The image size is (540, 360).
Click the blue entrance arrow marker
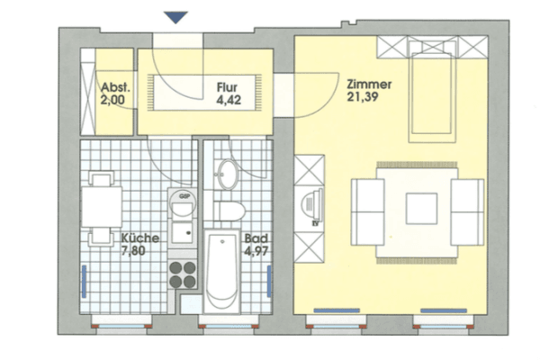point(176,15)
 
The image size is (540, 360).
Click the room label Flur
point(226,88)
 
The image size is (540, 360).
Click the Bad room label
point(255,239)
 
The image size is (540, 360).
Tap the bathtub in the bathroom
point(220,270)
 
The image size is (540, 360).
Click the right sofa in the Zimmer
point(467,209)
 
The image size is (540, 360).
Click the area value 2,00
point(114,100)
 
